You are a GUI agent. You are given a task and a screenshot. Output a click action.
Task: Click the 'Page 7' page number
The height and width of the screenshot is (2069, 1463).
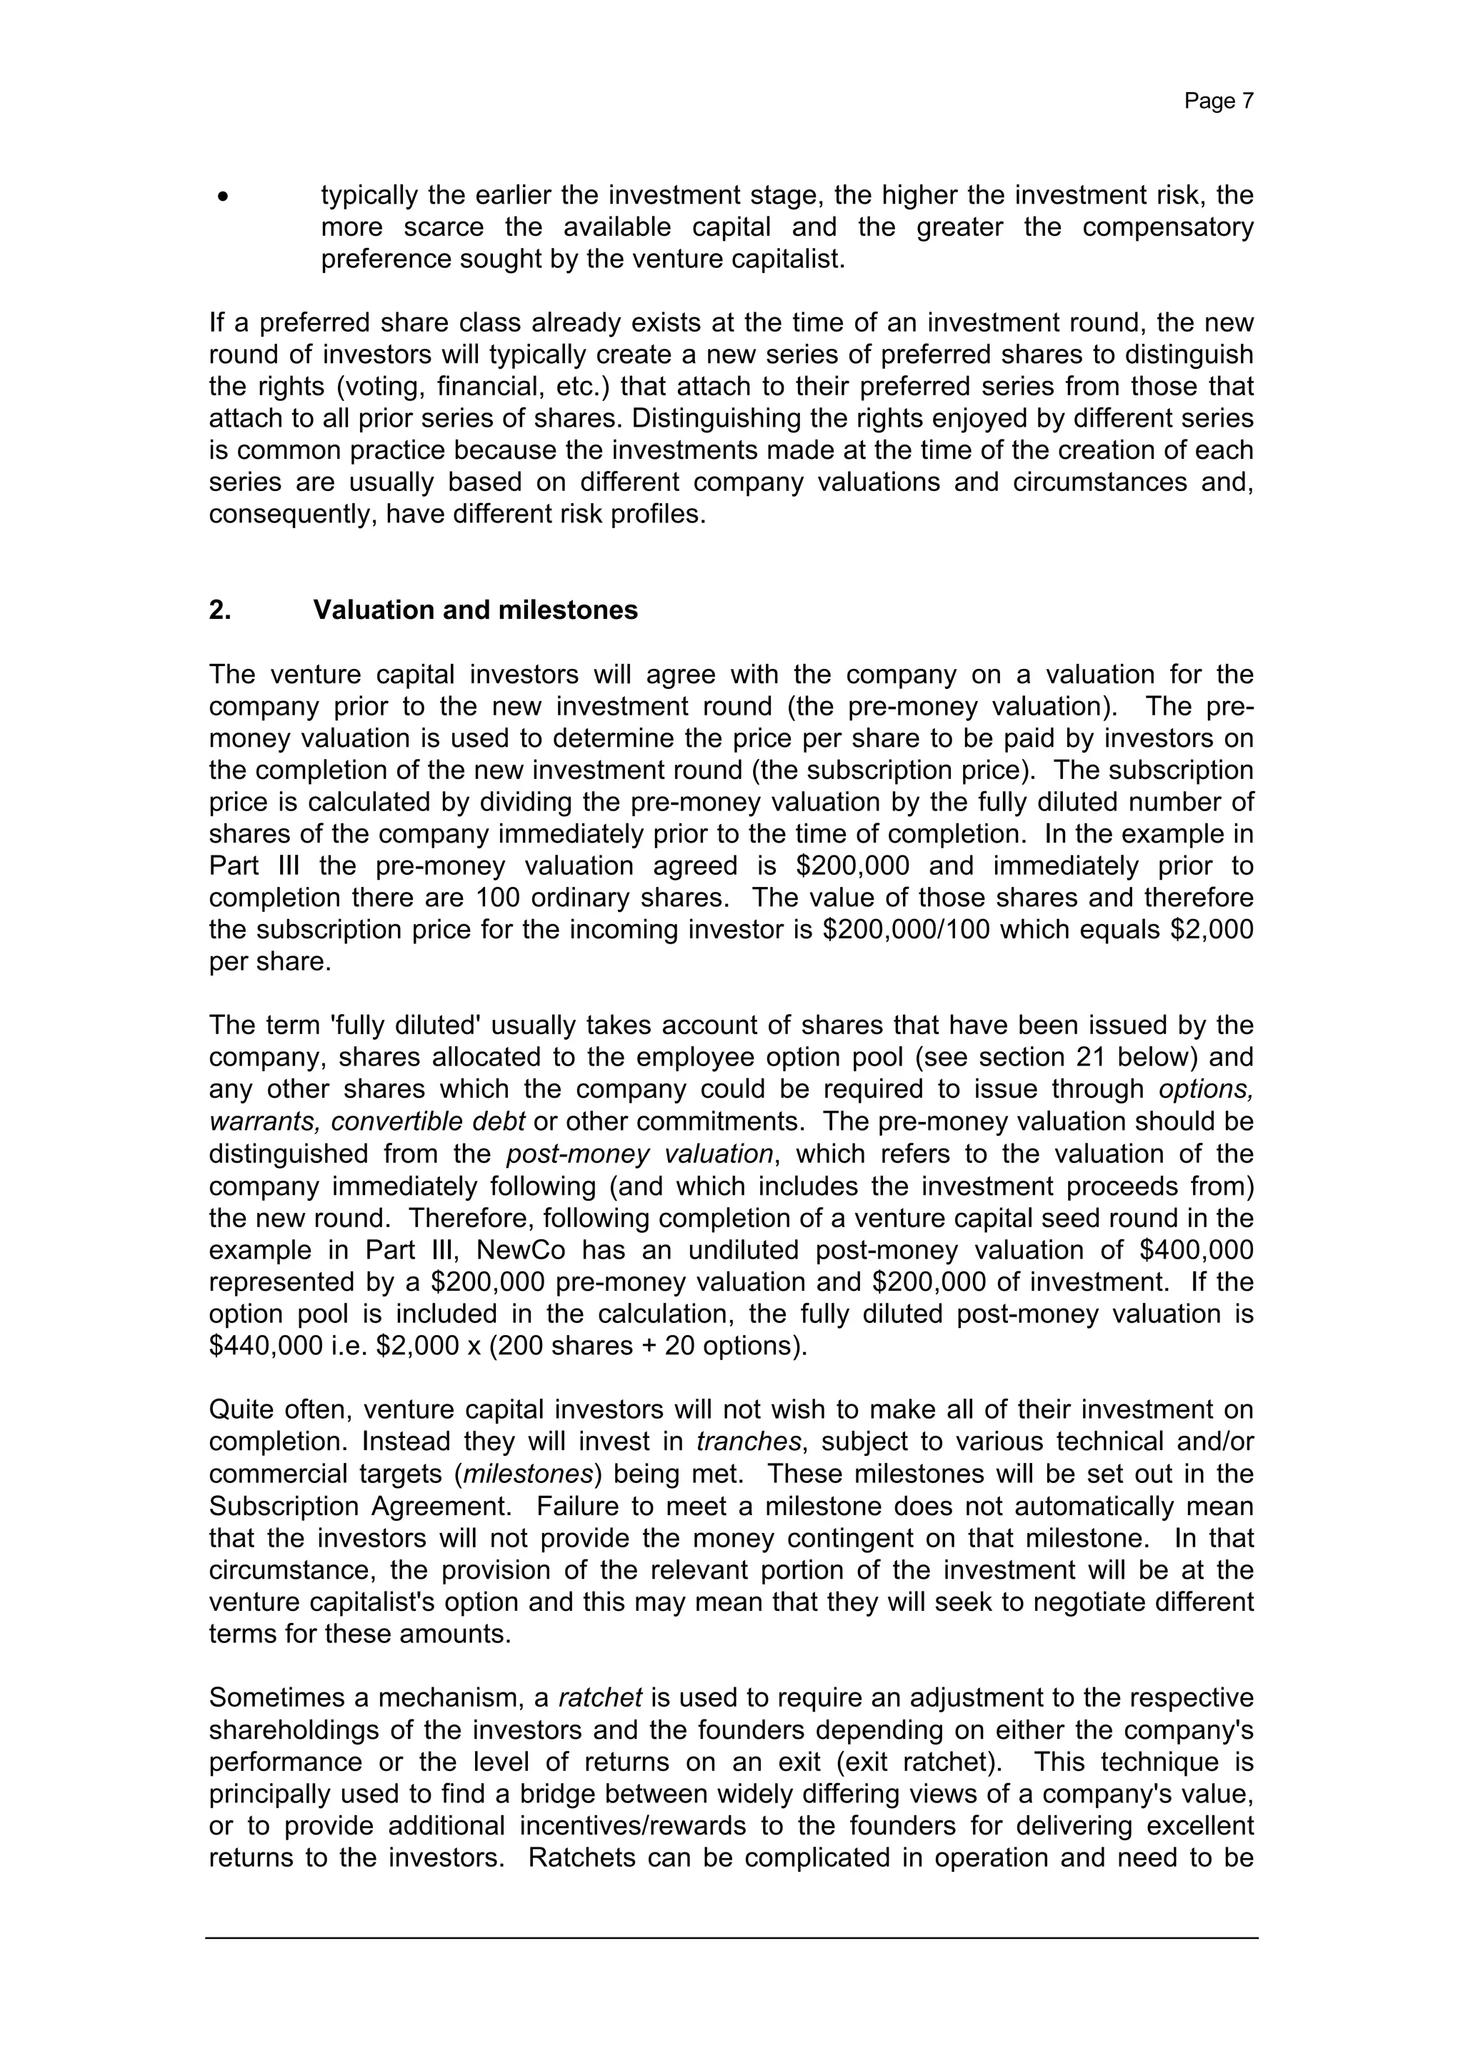click(1218, 101)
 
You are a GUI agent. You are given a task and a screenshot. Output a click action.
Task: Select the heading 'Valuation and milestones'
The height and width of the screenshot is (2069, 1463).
click(475, 610)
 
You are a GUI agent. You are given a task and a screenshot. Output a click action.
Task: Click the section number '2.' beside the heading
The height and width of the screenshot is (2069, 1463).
click(220, 610)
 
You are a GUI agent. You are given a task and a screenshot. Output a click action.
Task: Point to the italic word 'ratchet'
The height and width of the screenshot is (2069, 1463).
click(600, 1698)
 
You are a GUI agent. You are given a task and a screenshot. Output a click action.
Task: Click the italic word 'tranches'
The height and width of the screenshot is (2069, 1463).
click(748, 1442)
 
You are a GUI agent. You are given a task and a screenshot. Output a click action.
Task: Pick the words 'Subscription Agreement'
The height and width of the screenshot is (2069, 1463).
click(362, 1506)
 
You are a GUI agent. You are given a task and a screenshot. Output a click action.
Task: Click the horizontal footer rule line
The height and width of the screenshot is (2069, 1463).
click(731, 1938)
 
